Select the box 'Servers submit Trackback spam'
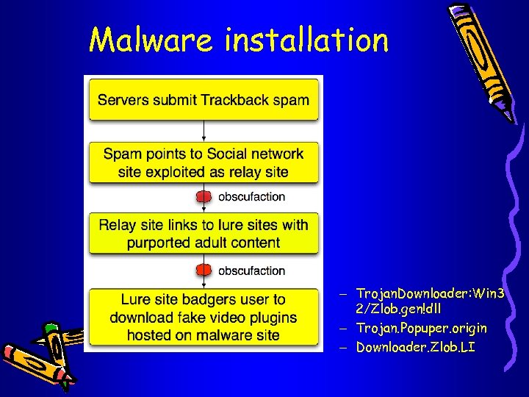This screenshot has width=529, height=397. [204, 100]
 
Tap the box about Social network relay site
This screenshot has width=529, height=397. [204, 163]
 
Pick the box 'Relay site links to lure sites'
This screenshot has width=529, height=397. [204, 233]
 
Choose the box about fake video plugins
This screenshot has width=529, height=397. [204, 318]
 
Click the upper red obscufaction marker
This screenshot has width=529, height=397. [204, 197]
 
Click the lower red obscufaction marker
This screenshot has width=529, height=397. [204, 271]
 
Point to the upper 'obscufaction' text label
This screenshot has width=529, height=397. [251, 197]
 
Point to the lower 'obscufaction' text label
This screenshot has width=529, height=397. [251, 271]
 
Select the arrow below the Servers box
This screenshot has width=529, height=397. [204, 131]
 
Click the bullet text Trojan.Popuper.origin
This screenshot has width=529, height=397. [421, 327]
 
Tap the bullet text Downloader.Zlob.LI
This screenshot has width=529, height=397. [415, 346]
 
